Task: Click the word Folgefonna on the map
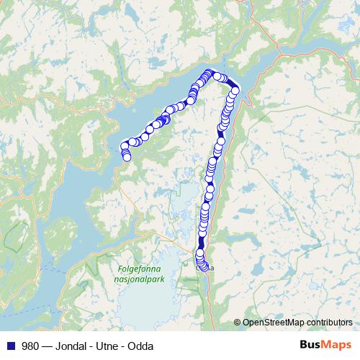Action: point(134,270)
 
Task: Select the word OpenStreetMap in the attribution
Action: point(271,323)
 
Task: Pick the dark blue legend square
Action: point(10,346)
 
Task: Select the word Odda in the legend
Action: point(143,346)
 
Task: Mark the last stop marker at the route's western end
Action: point(127,157)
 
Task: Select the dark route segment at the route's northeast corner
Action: point(234,89)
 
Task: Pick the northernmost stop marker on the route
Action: point(210,72)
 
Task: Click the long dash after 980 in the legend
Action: point(47,346)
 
